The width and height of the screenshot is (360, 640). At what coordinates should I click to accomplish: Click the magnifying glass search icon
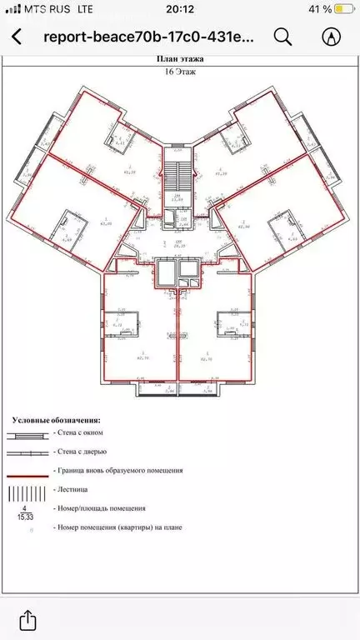tap(283, 37)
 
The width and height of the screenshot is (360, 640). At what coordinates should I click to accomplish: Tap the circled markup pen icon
tap(332, 37)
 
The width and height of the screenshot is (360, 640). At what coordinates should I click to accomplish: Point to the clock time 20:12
tap(180, 9)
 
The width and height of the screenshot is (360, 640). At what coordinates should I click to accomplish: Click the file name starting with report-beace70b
tap(150, 37)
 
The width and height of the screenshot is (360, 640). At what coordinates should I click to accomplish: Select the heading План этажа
tap(180, 59)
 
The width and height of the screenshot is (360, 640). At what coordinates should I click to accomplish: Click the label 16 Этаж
tap(180, 72)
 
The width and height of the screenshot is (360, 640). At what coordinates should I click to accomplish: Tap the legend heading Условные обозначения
tap(56, 421)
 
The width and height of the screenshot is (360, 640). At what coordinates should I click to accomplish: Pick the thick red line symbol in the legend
tap(27, 471)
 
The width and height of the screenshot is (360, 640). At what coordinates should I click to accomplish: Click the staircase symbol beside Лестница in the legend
tap(27, 490)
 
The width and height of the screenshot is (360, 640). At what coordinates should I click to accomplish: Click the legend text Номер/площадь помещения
tap(98, 507)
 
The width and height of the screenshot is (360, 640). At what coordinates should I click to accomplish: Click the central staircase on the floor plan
tap(176, 175)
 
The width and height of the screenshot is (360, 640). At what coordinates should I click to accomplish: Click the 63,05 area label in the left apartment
tap(105, 223)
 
